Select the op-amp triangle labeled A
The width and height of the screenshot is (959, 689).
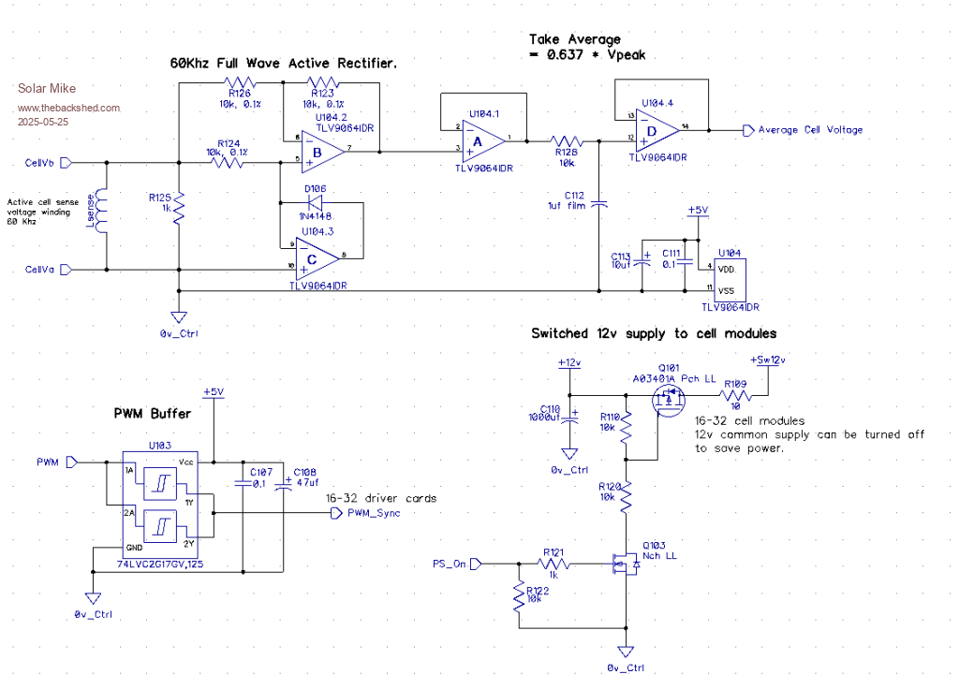pyautogui.click(x=478, y=139)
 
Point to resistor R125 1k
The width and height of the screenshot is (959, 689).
pyautogui.click(x=178, y=204)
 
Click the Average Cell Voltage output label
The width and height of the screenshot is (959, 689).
pyautogui.click(x=809, y=130)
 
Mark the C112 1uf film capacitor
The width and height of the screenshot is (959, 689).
pyautogui.click(x=600, y=202)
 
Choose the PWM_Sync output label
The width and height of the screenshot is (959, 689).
pyautogui.click(x=373, y=512)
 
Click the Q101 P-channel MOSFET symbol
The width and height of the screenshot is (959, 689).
pyautogui.click(x=668, y=401)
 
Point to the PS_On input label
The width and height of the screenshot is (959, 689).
pyautogui.click(x=450, y=564)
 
